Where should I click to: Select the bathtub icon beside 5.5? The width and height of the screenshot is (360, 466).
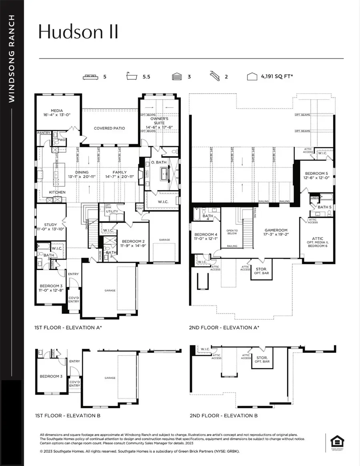pyautogui.click(x=134, y=77)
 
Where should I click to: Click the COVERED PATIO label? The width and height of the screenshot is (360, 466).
pyautogui.click(x=110, y=128)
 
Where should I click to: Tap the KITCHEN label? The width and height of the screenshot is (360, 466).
pyautogui.click(x=58, y=192)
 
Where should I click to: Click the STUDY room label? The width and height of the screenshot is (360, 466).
pyautogui.click(x=51, y=224)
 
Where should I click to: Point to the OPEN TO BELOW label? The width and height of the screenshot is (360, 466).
pyautogui.click(x=232, y=232)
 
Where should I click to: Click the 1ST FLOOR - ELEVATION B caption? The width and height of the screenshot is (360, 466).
pyautogui.click(x=68, y=416)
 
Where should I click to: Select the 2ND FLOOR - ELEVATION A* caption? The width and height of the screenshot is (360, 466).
pyautogui.click(x=224, y=328)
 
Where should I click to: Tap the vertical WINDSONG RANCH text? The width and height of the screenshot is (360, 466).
pyautogui.click(x=12, y=59)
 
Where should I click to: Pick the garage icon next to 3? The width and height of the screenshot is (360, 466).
pyautogui.click(x=177, y=77)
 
